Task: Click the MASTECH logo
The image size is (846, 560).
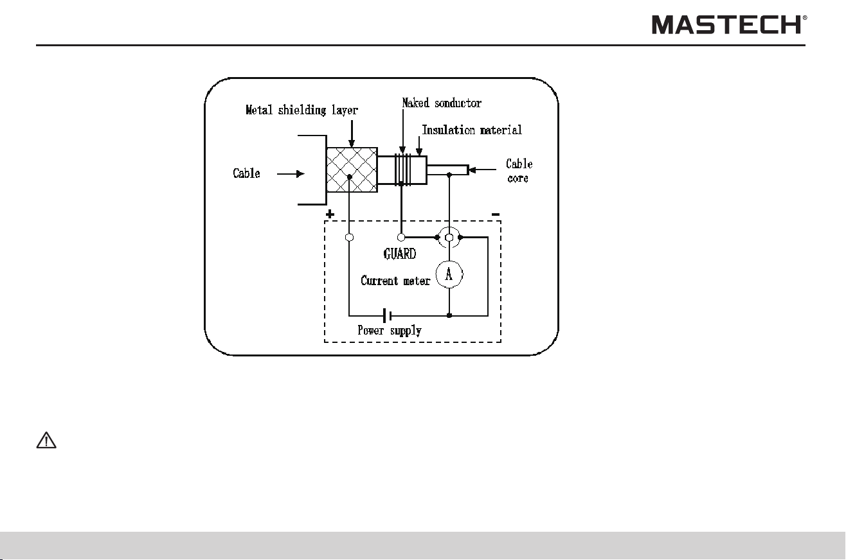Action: tap(729, 24)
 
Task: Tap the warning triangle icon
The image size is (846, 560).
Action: tap(46, 440)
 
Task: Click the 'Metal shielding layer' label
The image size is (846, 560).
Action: tap(301, 110)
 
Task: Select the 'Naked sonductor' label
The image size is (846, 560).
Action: tap(442, 103)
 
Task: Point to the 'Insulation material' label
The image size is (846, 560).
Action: tap(472, 130)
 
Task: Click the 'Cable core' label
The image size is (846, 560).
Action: tap(519, 171)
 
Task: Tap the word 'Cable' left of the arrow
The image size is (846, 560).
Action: tap(246, 173)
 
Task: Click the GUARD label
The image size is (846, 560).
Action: tap(400, 254)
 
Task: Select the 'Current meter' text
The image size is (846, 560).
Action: tap(395, 281)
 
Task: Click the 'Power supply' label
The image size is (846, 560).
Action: tap(390, 331)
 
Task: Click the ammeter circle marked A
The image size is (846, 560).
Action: tap(449, 274)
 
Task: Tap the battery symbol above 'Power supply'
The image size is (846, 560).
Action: tap(387, 315)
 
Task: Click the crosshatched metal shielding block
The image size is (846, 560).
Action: tap(352, 170)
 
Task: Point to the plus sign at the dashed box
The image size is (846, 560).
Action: tap(330, 214)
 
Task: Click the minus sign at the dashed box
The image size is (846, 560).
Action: tap(496, 214)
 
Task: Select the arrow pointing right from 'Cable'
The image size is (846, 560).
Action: tap(291, 173)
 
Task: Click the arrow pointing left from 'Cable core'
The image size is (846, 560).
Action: tap(482, 170)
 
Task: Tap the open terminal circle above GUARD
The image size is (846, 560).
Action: tap(401, 238)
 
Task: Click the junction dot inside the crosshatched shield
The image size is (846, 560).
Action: tap(349, 177)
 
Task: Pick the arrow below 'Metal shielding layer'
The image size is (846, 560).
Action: tap(352, 134)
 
